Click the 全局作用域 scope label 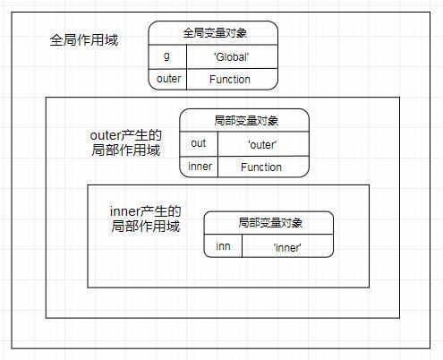pyautogui.click(x=84, y=41)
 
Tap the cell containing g pyautogui.click(x=166, y=56)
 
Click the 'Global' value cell pyautogui.click(x=231, y=56)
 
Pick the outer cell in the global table pyautogui.click(x=167, y=79)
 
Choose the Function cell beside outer pyautogui.click(x=231, y=79)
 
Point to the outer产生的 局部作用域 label pyautogui.click(x=125, y=142)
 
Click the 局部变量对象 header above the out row pyautogui.click(x=244, y=120)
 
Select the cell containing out pyautogui.click(x=199, y=142)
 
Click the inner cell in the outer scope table pyautogui.click(x=199, y=167)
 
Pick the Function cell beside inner pyautogui.click(x=261, y=167)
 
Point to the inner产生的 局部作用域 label pyautogui.click(x=145, y=219)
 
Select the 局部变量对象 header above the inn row pyautogui.click(x=268, y=223)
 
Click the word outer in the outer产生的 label pyautogui.click(x=106, y=135)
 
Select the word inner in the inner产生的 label pyautogui.click(x=125, y=212)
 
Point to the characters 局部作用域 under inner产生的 pyautogui.click(x=145, y=227)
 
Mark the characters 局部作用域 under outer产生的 pyautogui.click(x=125, y=150)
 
